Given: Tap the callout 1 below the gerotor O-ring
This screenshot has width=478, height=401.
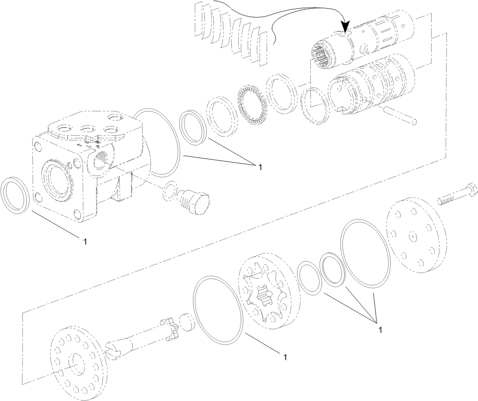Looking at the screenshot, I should (x=284, y=357).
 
